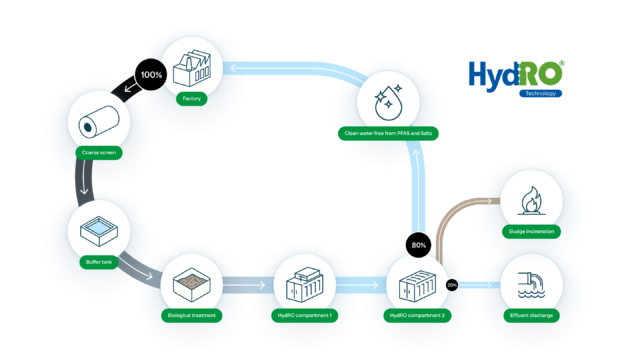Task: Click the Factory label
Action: coord(190,99)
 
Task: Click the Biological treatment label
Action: coord(189,315)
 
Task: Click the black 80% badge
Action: coord(418,244)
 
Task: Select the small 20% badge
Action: coord(451,285)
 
